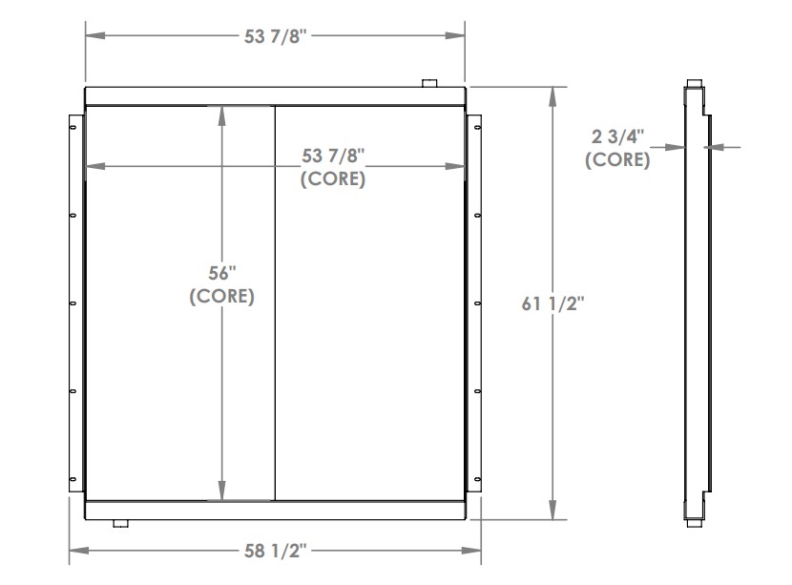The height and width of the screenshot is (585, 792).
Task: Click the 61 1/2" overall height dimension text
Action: [552, 303]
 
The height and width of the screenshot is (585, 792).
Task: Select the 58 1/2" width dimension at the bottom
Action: [275, 552]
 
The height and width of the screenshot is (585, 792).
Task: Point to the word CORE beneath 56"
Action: [221, 297]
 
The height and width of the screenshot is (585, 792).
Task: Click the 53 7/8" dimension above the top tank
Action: [275, 36]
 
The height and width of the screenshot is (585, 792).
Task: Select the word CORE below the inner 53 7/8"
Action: [332, 179]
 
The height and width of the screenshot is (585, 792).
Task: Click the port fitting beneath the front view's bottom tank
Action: [120, 524]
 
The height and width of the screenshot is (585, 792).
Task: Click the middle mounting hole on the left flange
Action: [73, 304]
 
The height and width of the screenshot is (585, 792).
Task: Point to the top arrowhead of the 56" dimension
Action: [221, 113]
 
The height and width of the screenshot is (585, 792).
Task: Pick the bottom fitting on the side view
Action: [693, 524]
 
